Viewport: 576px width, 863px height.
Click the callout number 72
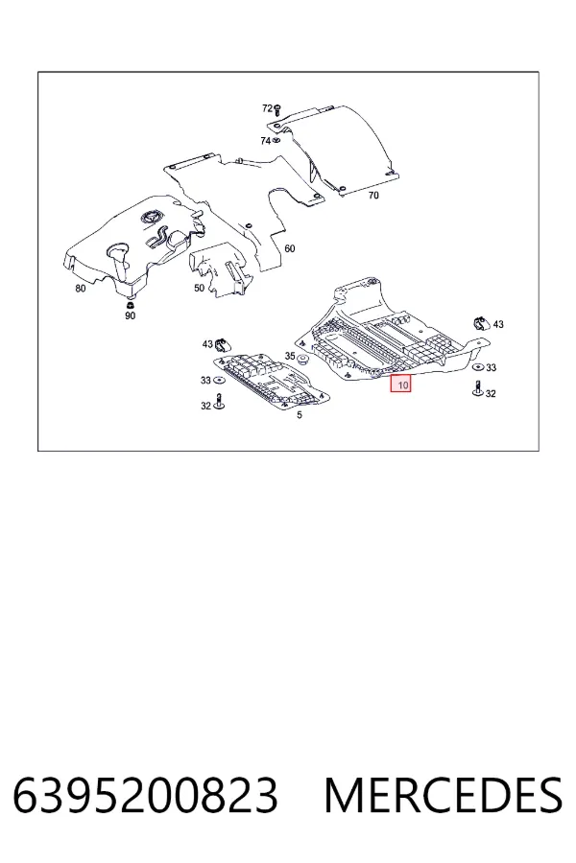267,108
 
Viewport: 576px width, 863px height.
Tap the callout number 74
265,141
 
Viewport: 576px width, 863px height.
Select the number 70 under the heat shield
373,196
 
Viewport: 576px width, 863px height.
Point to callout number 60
289,248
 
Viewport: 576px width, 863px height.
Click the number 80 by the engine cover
81,289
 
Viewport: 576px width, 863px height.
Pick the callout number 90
131,315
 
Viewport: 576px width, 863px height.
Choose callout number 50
199,288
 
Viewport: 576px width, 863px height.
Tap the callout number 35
290,356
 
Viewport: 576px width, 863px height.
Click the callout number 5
300,415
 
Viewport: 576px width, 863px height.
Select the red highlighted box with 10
400,384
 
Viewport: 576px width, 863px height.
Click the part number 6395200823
146,795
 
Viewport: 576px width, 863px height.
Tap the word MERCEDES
444,795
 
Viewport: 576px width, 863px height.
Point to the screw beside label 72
277,108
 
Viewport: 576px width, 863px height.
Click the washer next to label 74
276,141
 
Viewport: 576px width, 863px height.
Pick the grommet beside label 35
302,362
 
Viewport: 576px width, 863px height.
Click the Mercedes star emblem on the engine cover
151,218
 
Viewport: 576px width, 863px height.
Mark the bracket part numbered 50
224,269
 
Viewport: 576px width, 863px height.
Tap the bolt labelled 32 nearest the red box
477,388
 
